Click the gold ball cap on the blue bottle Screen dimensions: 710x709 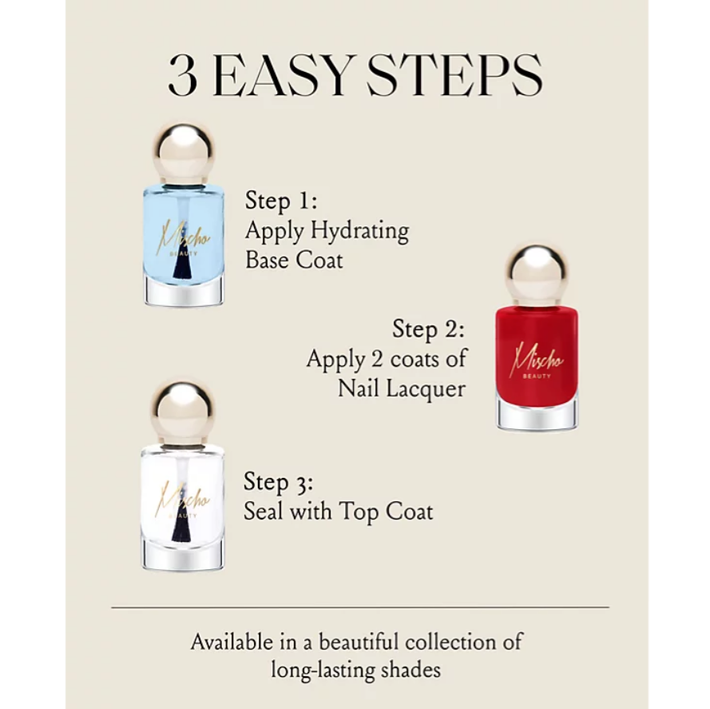tap(183, 153)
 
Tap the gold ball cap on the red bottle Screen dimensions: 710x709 tap(537, 276)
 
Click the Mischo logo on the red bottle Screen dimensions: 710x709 tap(537, 362)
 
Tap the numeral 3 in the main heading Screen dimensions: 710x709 tap(183, 76)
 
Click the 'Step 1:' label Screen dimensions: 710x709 tap(281, 200)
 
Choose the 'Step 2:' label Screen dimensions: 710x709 tap(428, 329)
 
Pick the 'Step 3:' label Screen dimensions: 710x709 tap(279, 481)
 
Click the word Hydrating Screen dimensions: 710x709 tap(360, 231)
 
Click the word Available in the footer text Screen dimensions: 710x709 tap(232, 642)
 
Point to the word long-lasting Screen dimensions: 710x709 tap(320, 671)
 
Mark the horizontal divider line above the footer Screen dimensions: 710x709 tap(360, 607)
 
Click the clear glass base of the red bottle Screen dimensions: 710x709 tap(537, 413)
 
